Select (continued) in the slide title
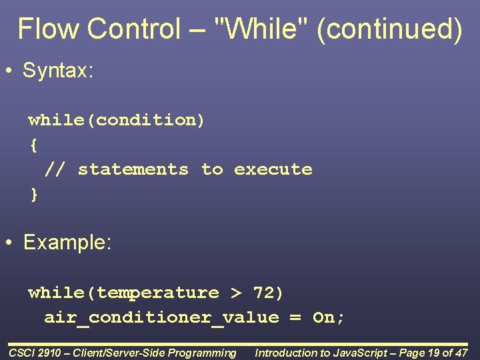[389, 29]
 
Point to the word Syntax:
[58, 71]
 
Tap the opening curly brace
[33, 145]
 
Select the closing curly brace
[34, 194]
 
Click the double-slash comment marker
[55, 169]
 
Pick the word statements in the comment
[133, 169]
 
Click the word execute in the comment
[273, 169]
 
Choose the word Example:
[67, 243]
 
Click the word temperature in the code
[157, 293]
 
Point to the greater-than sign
[237, 293]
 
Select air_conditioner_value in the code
[161, 317]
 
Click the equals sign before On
[295, 317]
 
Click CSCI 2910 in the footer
[36, 353]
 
